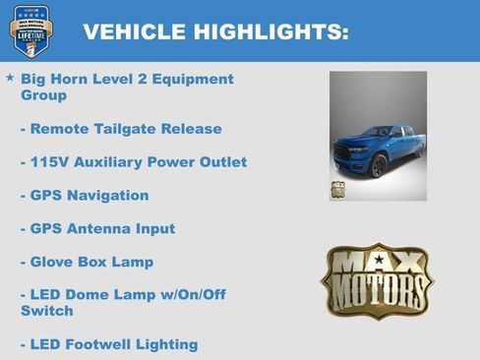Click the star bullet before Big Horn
(10, 77)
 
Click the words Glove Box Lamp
(91, 263)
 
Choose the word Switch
(46, 312)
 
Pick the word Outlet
(221, 162)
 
